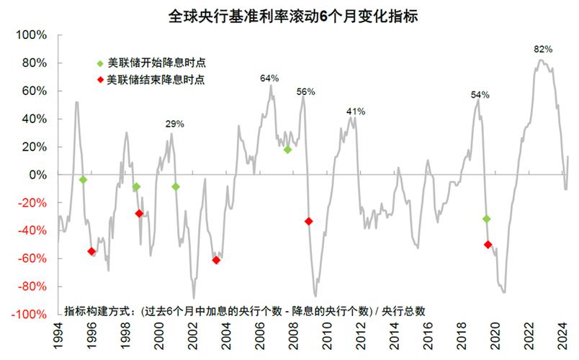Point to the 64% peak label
click(x=269, y=78)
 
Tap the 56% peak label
click(x=306, y=92)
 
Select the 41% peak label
click(x=356, y=112)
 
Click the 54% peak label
click(x=480, y=94)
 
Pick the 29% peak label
click(x=174, y=124)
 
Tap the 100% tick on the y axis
click(x=33, y=35)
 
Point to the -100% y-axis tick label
click(x=31, y=315)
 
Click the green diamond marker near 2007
click(x=287, y=150)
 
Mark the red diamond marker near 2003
click(x=216, y=260)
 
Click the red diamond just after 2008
click(x=309, y=221)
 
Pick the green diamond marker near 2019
click(x=487, y=219)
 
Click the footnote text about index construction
click(x=245, y=311)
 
